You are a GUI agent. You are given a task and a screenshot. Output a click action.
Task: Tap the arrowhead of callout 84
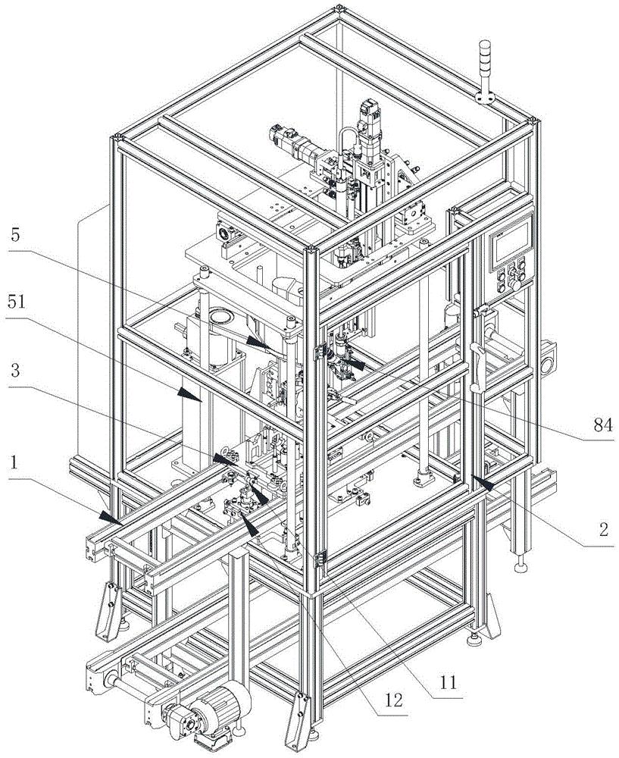(356, 365)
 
